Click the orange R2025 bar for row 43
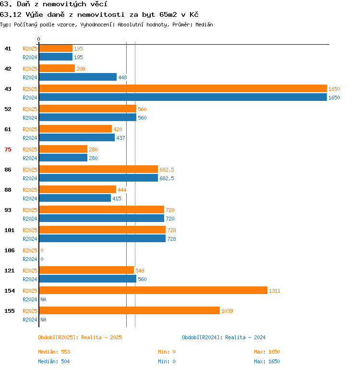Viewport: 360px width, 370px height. coord(183,88)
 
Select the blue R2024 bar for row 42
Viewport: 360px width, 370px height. coord(78,77)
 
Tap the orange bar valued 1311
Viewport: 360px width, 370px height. coord(153,290)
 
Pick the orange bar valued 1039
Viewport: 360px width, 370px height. coord(130,310)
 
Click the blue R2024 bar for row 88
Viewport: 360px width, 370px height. coord(75,198)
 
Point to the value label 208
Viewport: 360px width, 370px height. coord(81,69)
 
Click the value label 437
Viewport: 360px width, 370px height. coord(120,138)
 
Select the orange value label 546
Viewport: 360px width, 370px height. coord(140,271)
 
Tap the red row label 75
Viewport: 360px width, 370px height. coord(8,149)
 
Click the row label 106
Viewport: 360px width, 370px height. coord(10,250)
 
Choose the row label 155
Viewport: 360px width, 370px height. coord(10,311)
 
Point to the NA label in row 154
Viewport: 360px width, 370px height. coord(43,299)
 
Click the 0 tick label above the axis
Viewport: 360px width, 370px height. coord(39,39)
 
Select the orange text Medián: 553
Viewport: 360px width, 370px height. coord(54,352)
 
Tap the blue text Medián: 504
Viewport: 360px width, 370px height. coord(54,361)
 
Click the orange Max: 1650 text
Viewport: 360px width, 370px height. coord(267,352)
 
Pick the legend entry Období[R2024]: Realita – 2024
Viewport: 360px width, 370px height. coord(224,337)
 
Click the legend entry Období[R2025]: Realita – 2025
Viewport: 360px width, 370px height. coord(80,337)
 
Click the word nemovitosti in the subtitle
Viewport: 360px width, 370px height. coord(101,14)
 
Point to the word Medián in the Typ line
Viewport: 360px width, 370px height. coord(204,25)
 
